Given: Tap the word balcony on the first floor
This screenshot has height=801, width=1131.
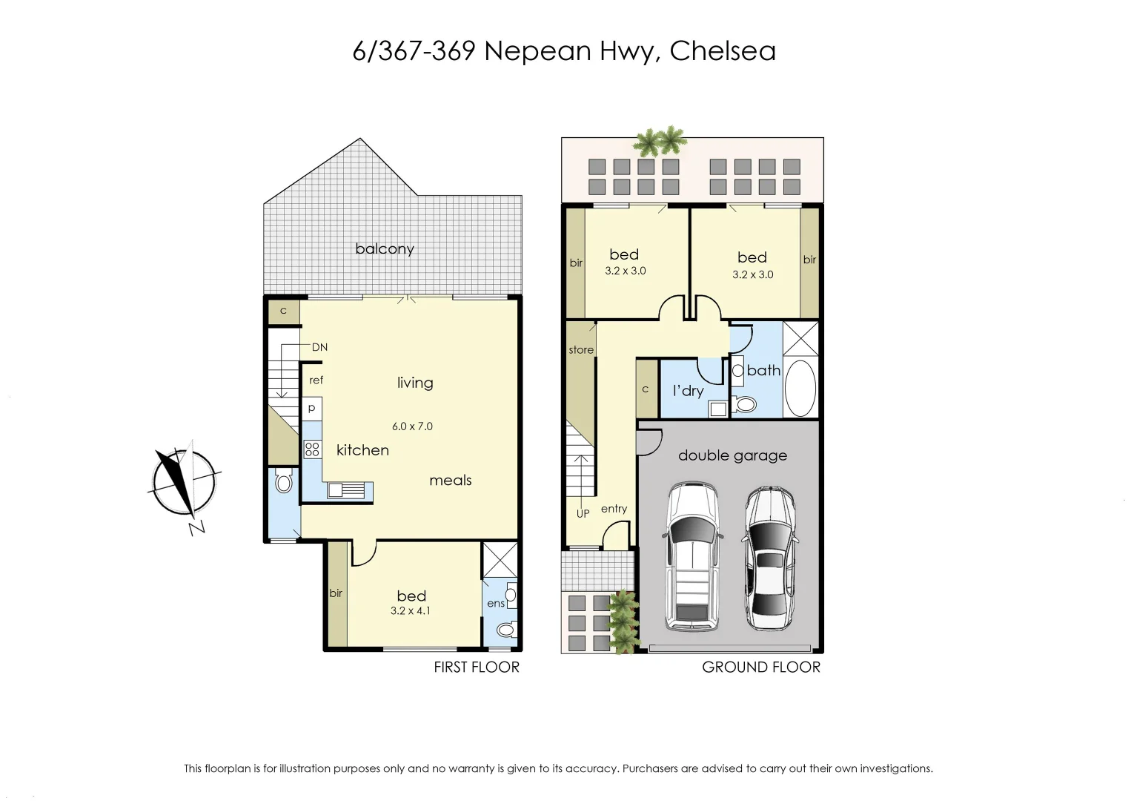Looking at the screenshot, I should [384, 248].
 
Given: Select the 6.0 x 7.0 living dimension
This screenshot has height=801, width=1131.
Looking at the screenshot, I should [412, 426].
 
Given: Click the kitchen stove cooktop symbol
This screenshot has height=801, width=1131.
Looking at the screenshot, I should [312, 449].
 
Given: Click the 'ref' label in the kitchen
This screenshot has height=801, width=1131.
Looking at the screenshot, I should [316, 380].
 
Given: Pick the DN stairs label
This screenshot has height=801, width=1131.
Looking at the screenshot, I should [319, 347].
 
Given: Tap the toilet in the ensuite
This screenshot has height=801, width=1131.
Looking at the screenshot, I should [505, 630].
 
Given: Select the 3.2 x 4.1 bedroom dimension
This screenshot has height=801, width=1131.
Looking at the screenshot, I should [411, 611].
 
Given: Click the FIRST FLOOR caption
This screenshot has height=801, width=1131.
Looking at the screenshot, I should [477, 667].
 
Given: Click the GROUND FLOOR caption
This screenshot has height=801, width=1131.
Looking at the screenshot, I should [761, 667].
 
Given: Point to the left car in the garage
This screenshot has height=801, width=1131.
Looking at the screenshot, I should [693, 556].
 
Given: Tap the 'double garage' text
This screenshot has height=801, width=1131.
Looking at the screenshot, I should [732, 455].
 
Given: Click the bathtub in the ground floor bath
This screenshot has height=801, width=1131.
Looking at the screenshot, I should [800, 389].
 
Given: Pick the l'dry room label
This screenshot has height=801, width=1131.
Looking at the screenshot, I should [688, 391].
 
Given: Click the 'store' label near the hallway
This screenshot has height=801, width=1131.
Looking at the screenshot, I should [581, 350].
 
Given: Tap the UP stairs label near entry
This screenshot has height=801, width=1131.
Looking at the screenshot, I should [583, 513].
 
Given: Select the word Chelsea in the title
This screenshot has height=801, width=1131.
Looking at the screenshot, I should [723, 51].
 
